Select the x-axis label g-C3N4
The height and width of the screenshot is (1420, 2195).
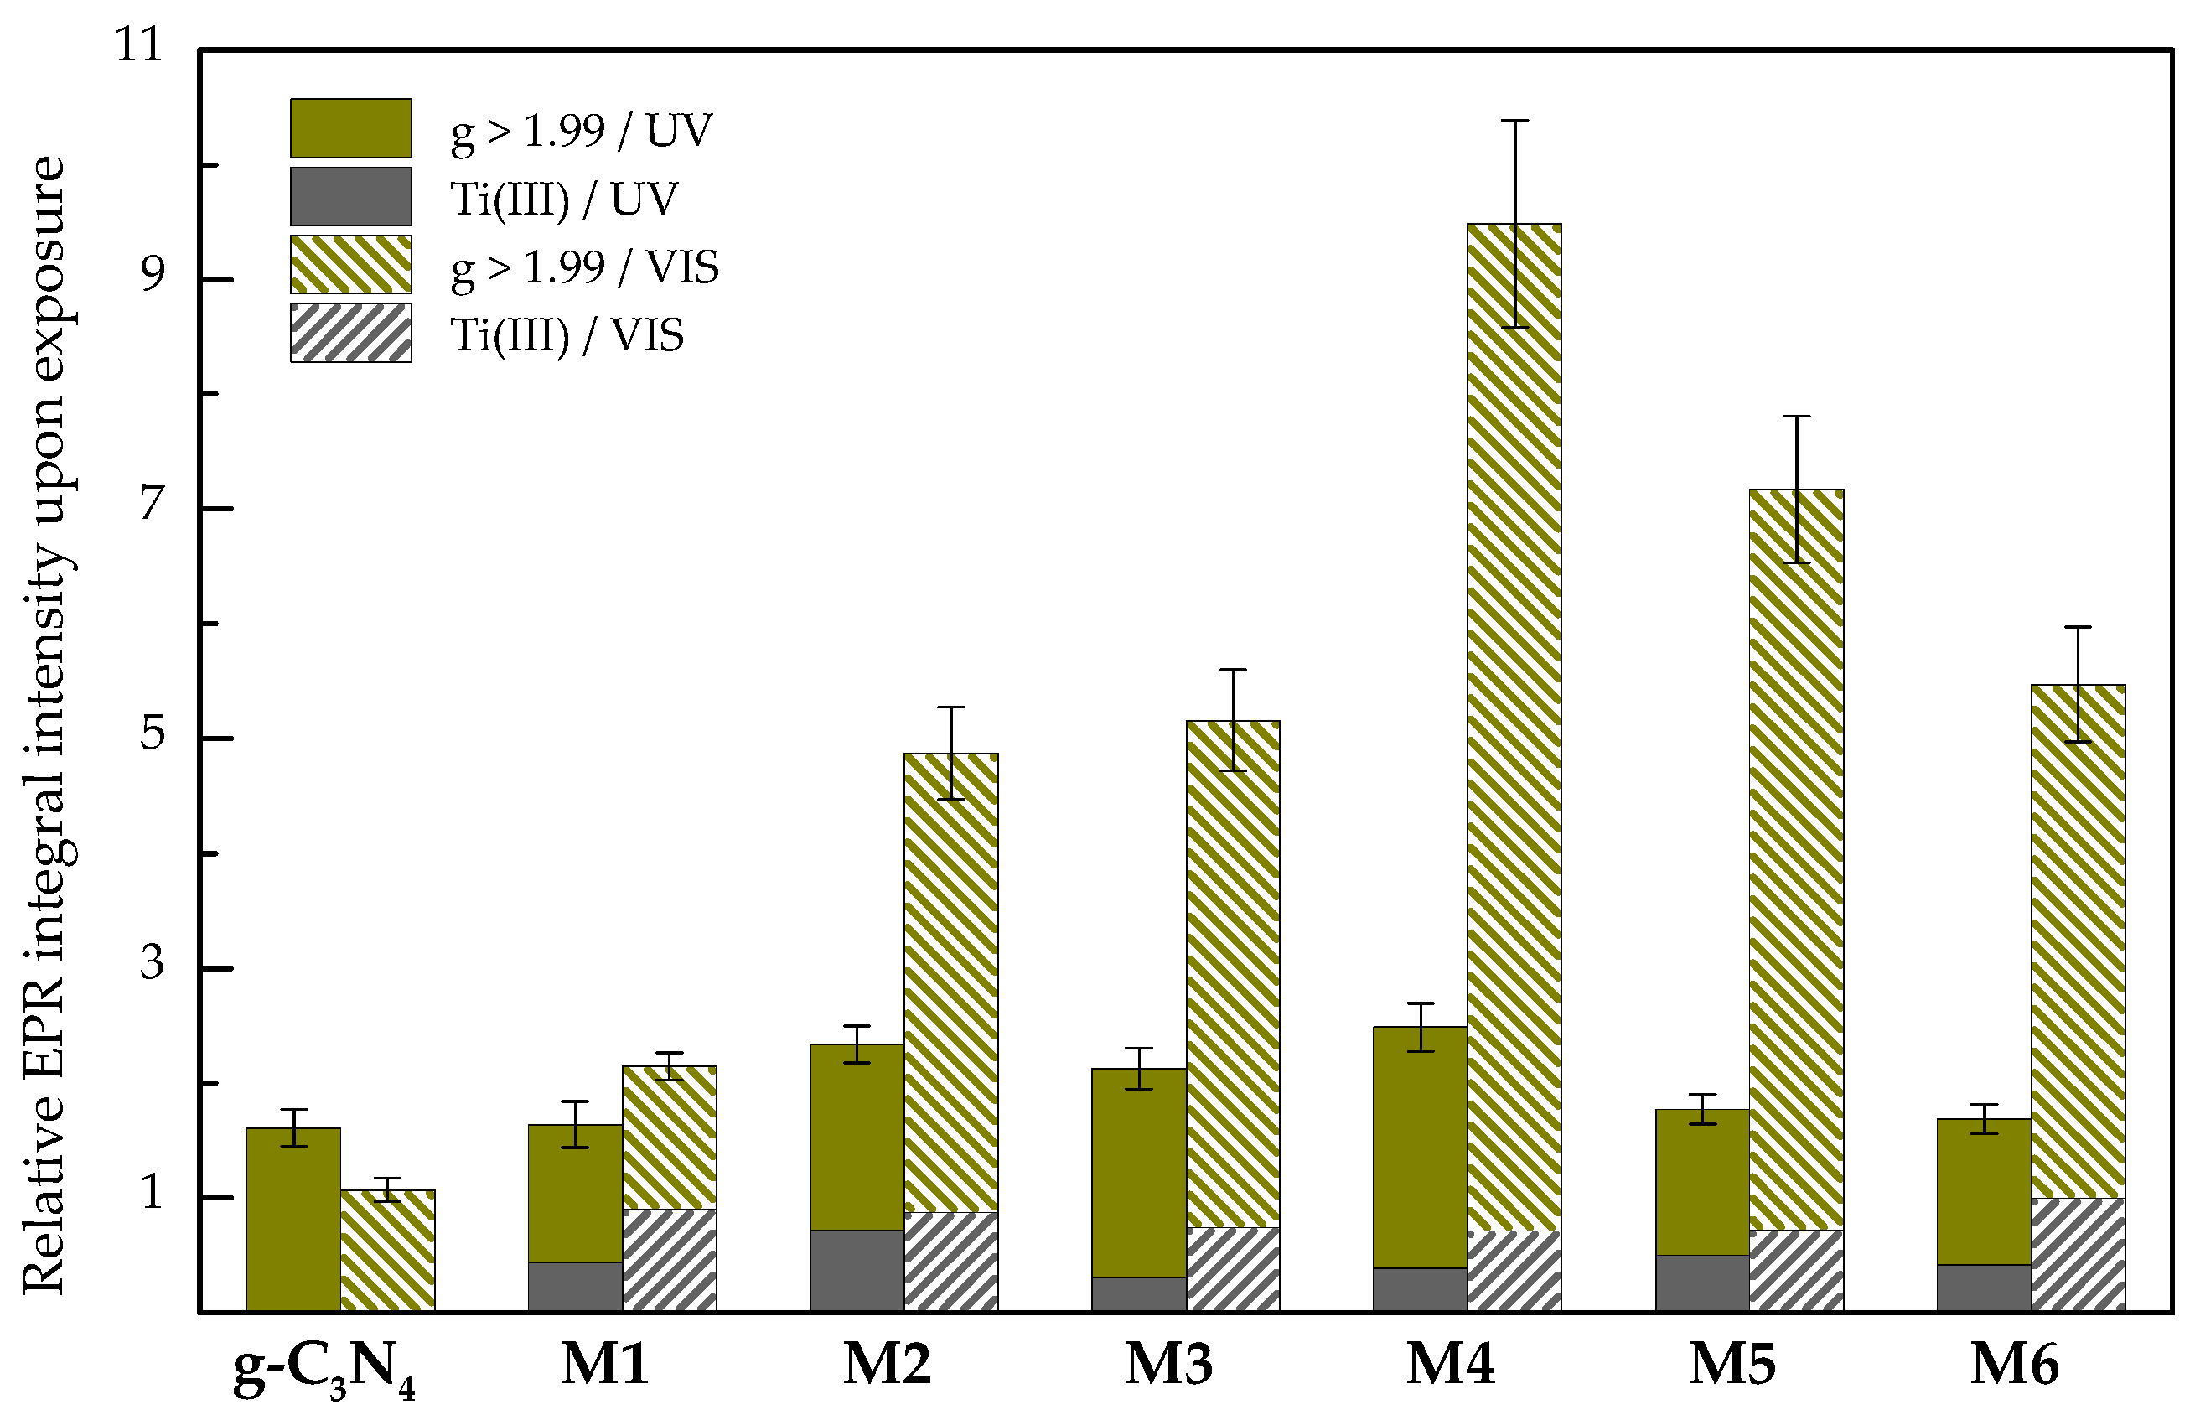pos(323,1370)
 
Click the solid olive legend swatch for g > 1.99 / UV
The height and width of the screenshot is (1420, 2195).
pos(350,128)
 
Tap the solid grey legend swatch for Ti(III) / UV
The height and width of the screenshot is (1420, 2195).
pos(350,196)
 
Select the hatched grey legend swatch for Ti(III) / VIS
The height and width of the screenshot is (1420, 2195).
pos(350,333)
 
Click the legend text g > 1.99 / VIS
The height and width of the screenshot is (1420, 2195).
pos(583,268)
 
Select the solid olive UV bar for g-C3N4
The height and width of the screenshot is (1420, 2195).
pos(293,1218)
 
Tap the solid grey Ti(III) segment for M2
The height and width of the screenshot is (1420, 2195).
pos(857,1270)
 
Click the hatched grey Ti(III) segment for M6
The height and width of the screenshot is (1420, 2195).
pos(2077,1254)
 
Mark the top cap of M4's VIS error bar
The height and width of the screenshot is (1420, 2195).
pos(1514,121)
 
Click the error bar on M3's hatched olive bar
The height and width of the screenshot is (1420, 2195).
pos(1232,719)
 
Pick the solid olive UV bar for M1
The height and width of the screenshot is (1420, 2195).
pos(574,1192)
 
